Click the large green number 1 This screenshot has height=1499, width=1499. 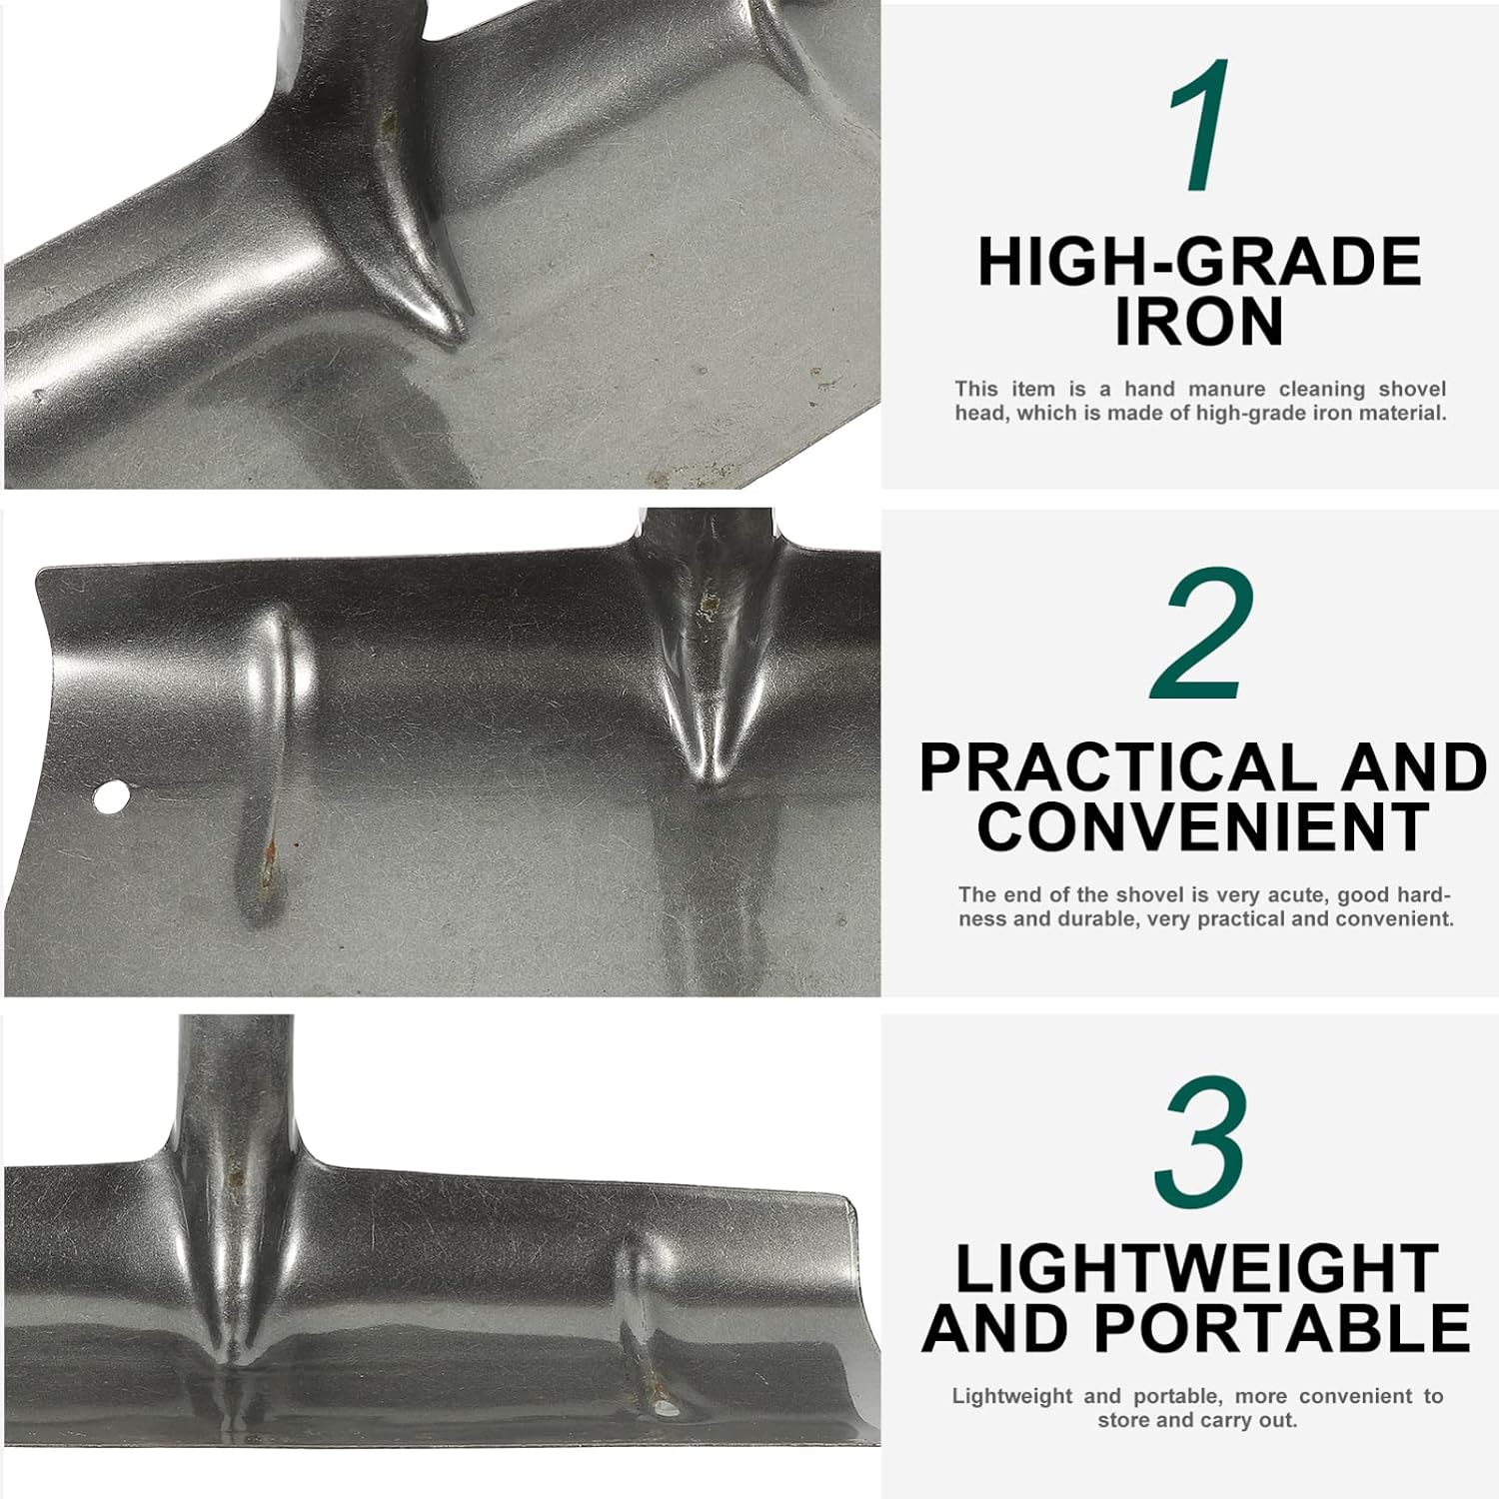point(1198,126)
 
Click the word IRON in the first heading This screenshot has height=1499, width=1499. point(1199,322)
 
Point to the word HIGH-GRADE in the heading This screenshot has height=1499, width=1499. point(1199,262)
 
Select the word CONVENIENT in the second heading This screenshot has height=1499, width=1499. point(1203,826)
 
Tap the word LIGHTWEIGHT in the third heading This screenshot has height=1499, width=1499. point(1197,1269)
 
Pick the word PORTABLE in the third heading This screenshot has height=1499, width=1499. point(1282,1329)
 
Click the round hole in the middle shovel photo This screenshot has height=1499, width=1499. point(112,796)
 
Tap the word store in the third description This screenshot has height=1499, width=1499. point(1124,1420)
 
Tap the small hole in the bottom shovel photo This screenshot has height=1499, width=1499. point(663,1410)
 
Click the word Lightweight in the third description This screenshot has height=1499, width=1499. point(1012,1397)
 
